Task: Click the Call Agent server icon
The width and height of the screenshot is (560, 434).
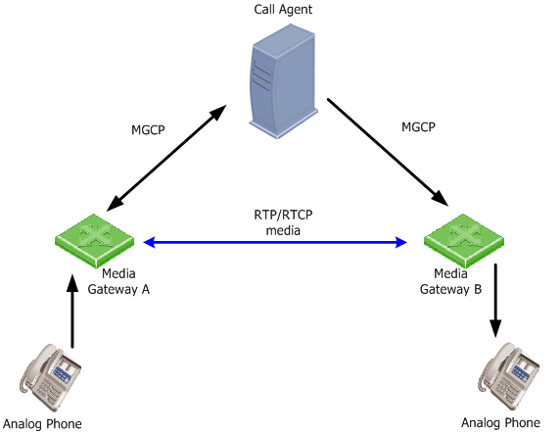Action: click(283, 80)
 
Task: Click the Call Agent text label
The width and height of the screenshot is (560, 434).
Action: click(283, 9)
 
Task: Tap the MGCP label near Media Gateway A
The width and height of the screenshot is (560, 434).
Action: click(148, 129)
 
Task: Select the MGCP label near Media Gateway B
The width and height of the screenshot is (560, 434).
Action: click(418, 127)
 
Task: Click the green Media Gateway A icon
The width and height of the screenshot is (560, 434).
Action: click(95, 240)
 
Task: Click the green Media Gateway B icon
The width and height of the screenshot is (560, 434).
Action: click(464, 240)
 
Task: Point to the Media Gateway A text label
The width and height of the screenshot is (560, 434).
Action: click(118, 281)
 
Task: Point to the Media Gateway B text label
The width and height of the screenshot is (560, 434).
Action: click(450, 281)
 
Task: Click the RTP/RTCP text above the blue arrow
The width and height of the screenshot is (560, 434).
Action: click(283, 215)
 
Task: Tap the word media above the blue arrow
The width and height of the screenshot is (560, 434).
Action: click(283, 230)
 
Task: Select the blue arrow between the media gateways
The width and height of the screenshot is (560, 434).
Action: click(275, 242)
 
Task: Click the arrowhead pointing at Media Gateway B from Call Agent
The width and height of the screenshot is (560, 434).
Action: click(441, 199)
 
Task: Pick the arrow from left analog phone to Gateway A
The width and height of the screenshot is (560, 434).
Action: click(72, 311)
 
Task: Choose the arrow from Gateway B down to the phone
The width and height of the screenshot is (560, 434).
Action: click(495, 301)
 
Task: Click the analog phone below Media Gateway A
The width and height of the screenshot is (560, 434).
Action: click(50, 377)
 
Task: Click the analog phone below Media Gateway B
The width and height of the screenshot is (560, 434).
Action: click(508, 376)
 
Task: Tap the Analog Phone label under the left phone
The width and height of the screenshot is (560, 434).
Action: click(42, 424)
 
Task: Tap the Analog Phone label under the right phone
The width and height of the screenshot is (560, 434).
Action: click(500, 423)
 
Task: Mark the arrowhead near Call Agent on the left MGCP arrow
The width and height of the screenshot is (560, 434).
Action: click(217, 113)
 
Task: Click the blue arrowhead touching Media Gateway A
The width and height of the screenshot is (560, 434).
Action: click(149, 242)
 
